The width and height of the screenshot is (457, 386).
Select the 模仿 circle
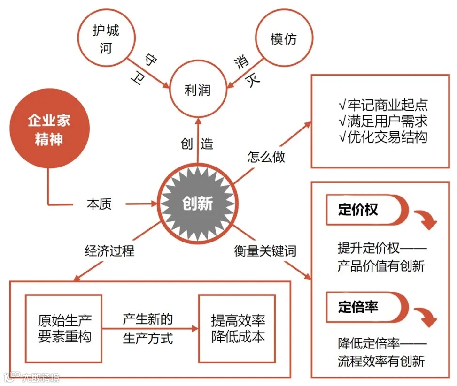284,39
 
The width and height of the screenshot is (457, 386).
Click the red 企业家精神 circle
49,130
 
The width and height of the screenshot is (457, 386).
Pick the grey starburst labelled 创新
197,204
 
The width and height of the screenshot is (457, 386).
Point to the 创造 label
197,144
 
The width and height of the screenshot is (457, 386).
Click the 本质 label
99,204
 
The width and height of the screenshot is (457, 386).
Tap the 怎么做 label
266,157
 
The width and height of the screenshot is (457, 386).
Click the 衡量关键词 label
265,251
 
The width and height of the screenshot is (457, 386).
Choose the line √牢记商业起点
382,105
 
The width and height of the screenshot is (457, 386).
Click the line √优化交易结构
382,137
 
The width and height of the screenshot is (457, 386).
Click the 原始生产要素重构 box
64,328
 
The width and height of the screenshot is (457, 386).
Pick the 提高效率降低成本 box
237,328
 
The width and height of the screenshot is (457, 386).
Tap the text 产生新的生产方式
148,329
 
